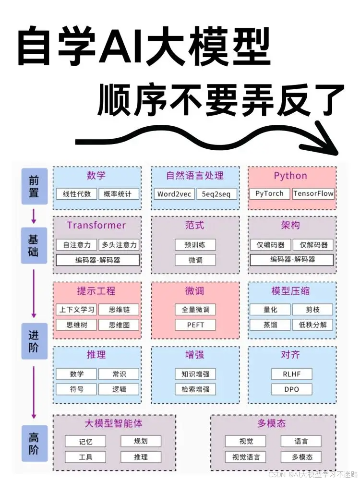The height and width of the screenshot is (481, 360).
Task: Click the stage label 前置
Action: pyautogui.click(x=34, y=187)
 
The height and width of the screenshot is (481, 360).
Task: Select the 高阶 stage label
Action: pyautogui.click(x=34, y=444)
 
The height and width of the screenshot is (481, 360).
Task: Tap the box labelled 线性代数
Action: pyautogui.click(x=77, y=194)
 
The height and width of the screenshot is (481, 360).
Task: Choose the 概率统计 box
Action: pyautogui.click(x=119, y=194)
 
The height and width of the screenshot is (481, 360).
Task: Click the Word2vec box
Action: pyautogui.click(x=174, y=194)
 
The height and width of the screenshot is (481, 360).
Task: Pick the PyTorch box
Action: pyautogui.click(x=269, y=194)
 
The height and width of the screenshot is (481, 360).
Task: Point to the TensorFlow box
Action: pyautogui.click(x=313, y=194)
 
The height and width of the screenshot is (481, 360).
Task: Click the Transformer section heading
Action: pyautogui.click(x=96, y=225)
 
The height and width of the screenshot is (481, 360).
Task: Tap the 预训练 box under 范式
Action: pyautogui.click(x=195, y=244)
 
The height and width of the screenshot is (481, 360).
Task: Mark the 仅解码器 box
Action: pyautogui.click(x=313, y=244)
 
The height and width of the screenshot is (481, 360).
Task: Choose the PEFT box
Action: pyautogui.click(x=195, y=325)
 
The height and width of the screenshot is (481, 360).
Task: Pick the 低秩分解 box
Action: pyautogui.click(x=312, y=325)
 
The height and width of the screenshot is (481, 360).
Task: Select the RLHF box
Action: pyautogui.click(x=291, y=374)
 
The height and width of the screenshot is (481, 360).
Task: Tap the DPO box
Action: pyautogui.click(x=291, y=389)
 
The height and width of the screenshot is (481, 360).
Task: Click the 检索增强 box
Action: pyautogui.click(x=195, y=389)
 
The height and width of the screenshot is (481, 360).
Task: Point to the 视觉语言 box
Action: pyautogui.click(x=245, y=457)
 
